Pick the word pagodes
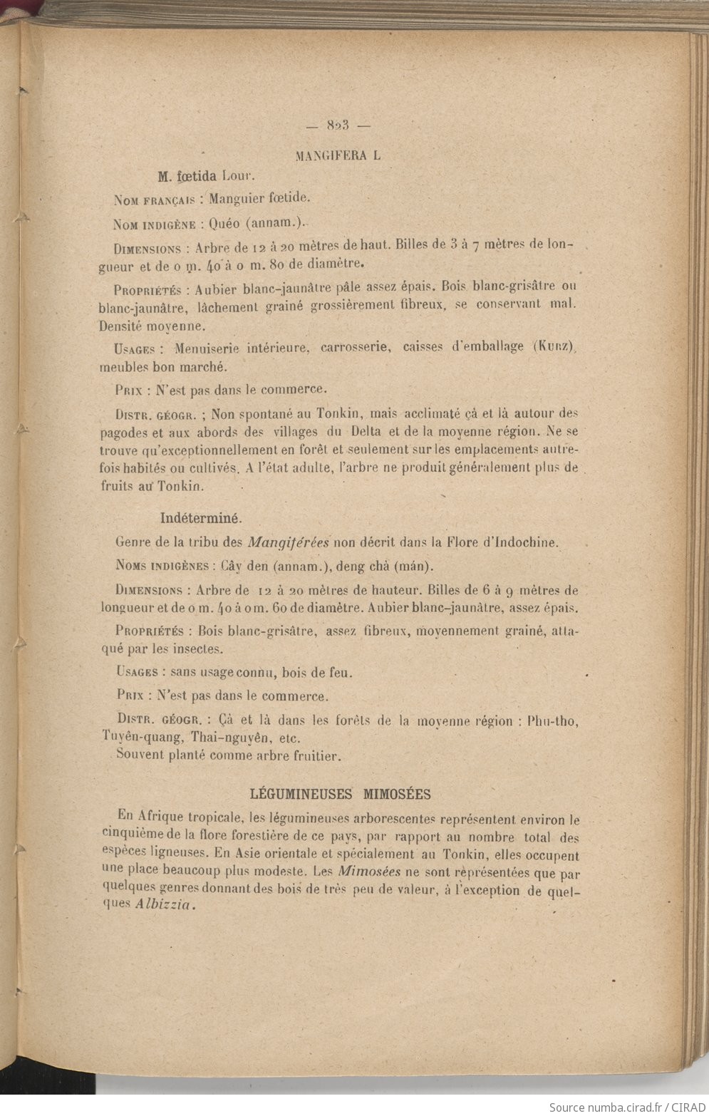click(x=121, y=432)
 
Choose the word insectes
click(x=200, y=649)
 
